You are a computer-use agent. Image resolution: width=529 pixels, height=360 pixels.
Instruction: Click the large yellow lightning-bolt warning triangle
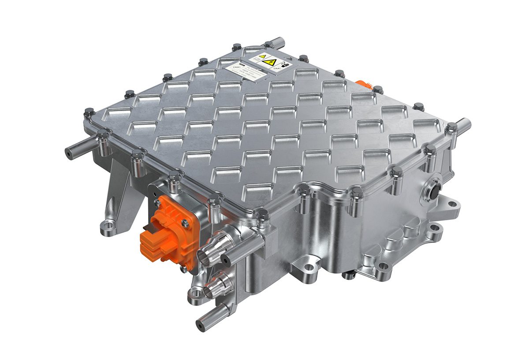tap(267, 63)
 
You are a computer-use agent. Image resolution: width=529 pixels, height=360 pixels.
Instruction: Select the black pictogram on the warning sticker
tap(287, 64)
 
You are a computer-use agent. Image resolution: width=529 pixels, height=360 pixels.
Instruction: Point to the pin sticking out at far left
tap(70, 153)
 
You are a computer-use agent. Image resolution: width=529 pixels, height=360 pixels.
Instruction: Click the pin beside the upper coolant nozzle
tap(226, 259)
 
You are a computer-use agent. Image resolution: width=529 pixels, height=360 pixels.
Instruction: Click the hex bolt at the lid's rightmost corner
tap(451, 128)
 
